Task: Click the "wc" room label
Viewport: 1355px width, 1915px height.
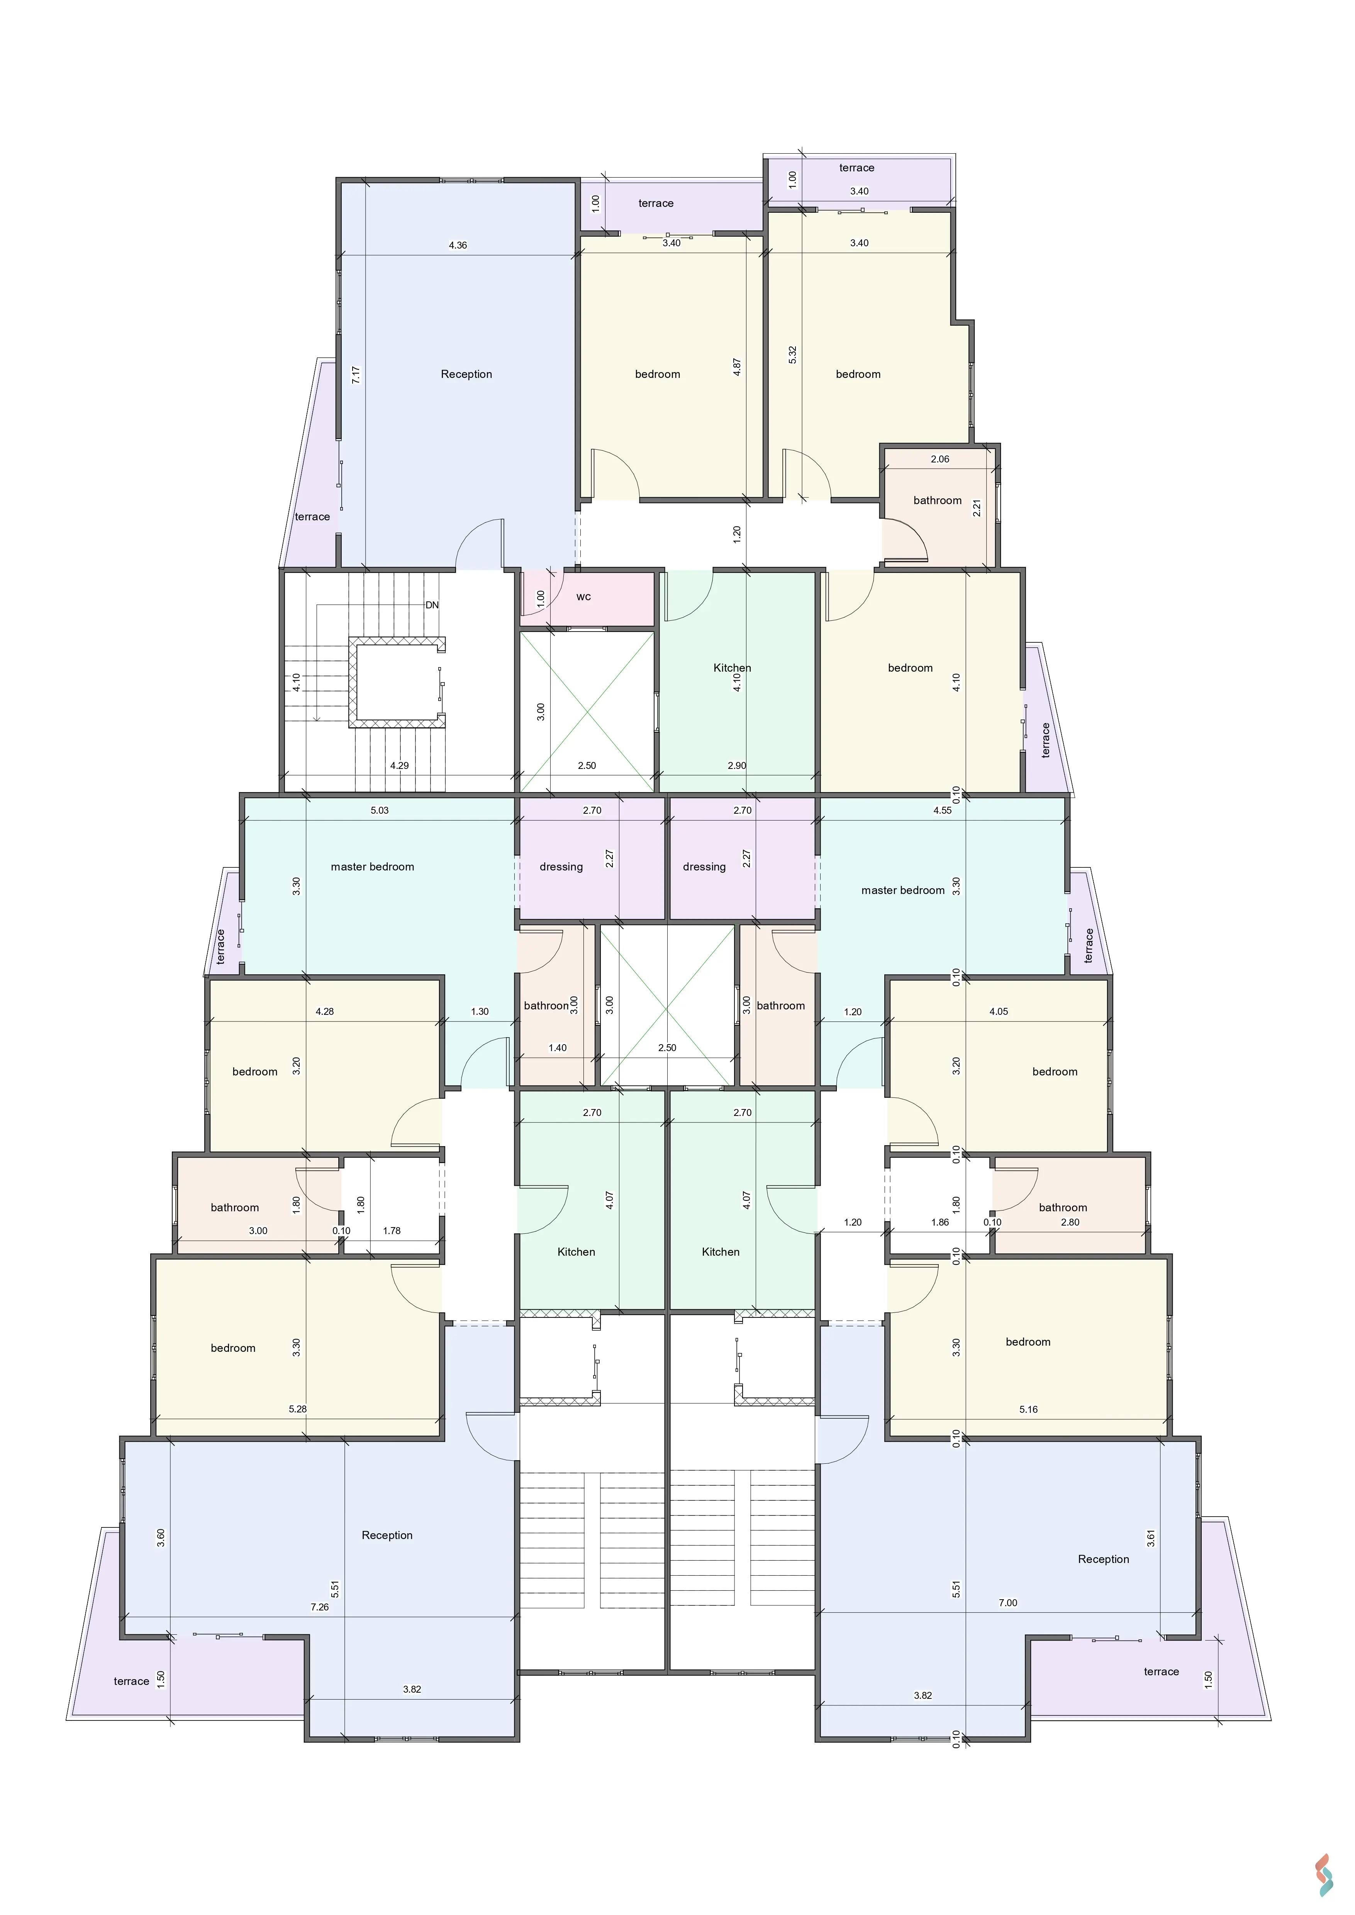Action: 583,596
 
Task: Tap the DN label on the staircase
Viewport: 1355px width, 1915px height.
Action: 432,605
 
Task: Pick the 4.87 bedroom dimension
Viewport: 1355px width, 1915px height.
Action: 738,367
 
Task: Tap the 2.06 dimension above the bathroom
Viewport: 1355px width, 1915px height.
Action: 940,459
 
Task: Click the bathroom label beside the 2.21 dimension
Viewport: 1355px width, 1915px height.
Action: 937,500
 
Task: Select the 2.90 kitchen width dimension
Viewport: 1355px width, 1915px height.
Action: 737,765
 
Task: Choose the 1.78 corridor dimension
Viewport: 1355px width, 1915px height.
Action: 391,1230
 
